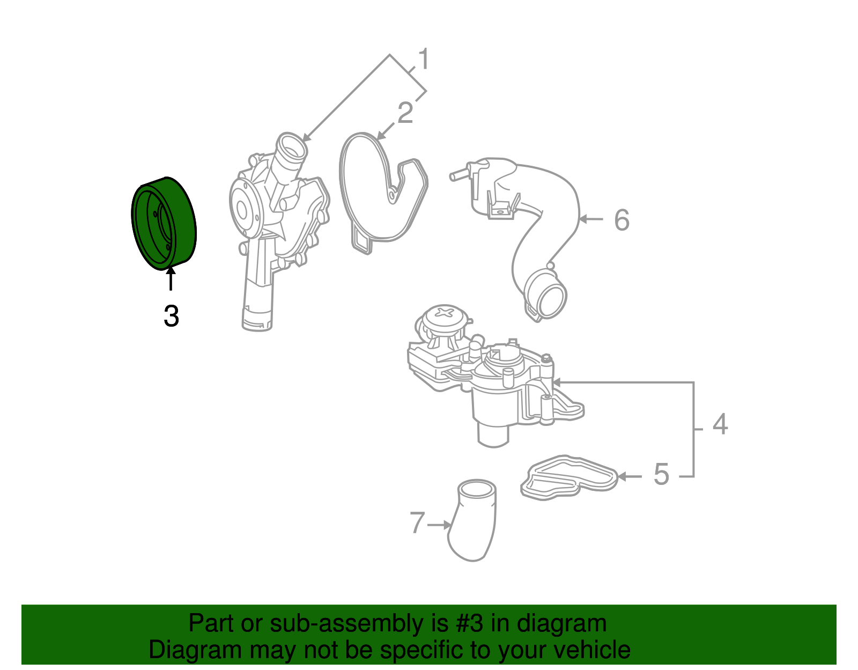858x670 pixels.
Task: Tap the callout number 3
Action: pyautogui.click(x=171, y=316)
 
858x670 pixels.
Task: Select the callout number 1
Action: pyautogui.click(x=424, y=59)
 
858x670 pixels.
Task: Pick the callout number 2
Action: pyautogui.click(x=405, y=113)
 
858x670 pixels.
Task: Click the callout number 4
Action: pyautogui.click(x=720, y=424)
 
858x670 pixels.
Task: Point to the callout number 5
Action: pyautogui.click(x=661, y=475)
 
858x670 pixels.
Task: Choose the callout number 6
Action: pyautogui.click(x=622, y=220)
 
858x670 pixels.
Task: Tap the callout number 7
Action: pyautogui.click(x=417, y=523)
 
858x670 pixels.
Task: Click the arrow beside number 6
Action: pyautogui.click(x=591, y=219)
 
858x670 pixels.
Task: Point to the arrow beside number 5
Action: pyautogui.click(x=630, y=476)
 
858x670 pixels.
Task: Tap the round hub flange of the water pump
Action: pyautogui.click(x=243, y=210)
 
